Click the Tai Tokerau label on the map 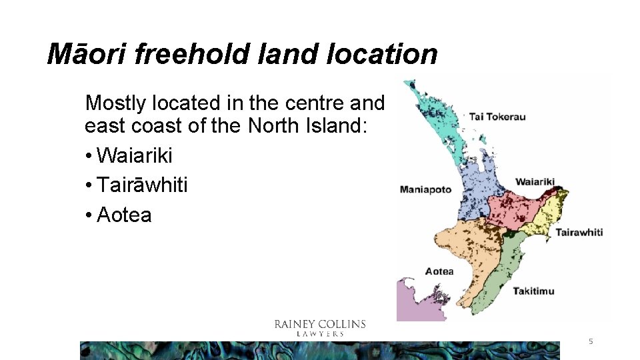tap(497, 117)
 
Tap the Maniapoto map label tap(425, 189)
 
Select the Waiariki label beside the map tap(535, 182)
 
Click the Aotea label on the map tap(439, 271)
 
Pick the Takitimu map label tap(533, 291)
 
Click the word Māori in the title tap(87, 54)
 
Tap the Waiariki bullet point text tap(134, 156)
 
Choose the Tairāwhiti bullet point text tap(142, 185)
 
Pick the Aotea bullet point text tap(124, 215)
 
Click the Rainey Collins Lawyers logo tap(320, 327)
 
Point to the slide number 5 tap(590, 341)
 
